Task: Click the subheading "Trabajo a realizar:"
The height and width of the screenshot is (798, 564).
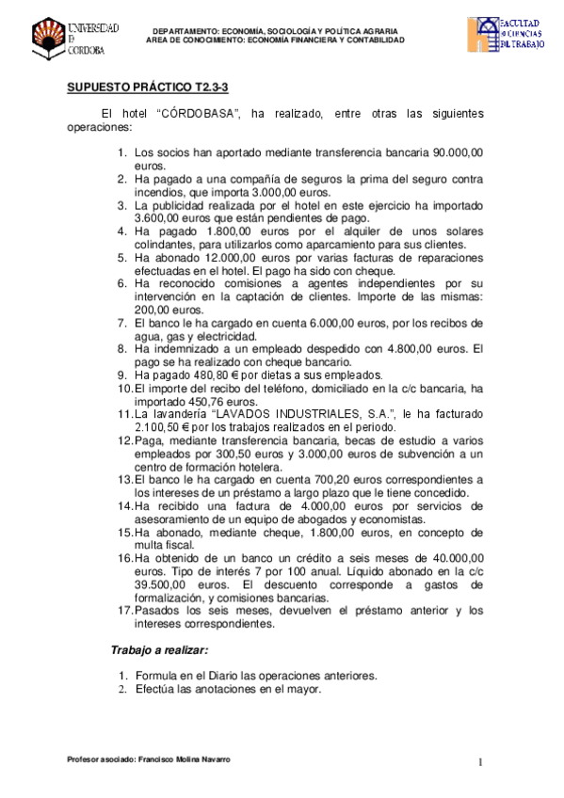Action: click(160, 650)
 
